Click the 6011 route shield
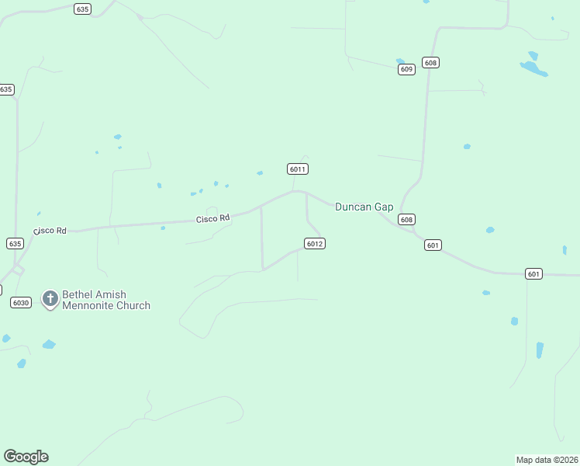299,169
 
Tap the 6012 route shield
314,244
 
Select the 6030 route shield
21,303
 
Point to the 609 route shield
407,69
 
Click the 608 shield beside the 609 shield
431,62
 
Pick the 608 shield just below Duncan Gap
407,220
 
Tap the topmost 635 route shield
83,9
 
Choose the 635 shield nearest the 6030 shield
15,243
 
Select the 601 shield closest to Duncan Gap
433,245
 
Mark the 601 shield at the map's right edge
533,273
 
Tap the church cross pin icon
50,298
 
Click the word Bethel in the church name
78,295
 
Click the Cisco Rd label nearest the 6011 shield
213,219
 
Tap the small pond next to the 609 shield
400,61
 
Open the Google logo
26,457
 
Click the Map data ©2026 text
547,460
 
